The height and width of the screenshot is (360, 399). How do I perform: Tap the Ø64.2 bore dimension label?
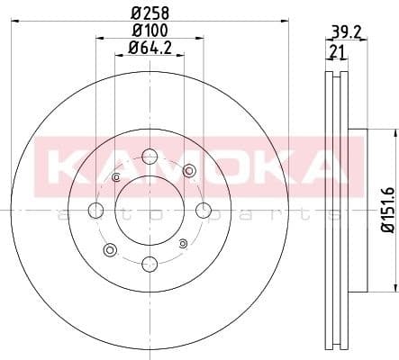click(x=150, y=48)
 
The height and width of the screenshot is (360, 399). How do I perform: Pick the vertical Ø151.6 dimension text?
click(x=386, y=211)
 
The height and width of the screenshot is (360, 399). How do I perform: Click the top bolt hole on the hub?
click(x=150, y=157)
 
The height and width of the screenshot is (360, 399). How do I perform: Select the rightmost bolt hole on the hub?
click(x=204, y=211)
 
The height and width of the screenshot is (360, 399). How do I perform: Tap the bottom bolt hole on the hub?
click(x=150, y=264)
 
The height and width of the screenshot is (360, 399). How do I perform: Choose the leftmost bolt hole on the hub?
click(x=96, y=211)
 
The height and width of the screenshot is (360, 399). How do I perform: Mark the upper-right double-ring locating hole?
click(x=188, y=171)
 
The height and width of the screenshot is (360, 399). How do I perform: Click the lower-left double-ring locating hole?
click(x=111, y=249)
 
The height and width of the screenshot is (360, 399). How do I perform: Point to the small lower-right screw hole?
click(x=184, y=243)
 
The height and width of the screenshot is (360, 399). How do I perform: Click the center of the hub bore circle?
click(x=150, y=211)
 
